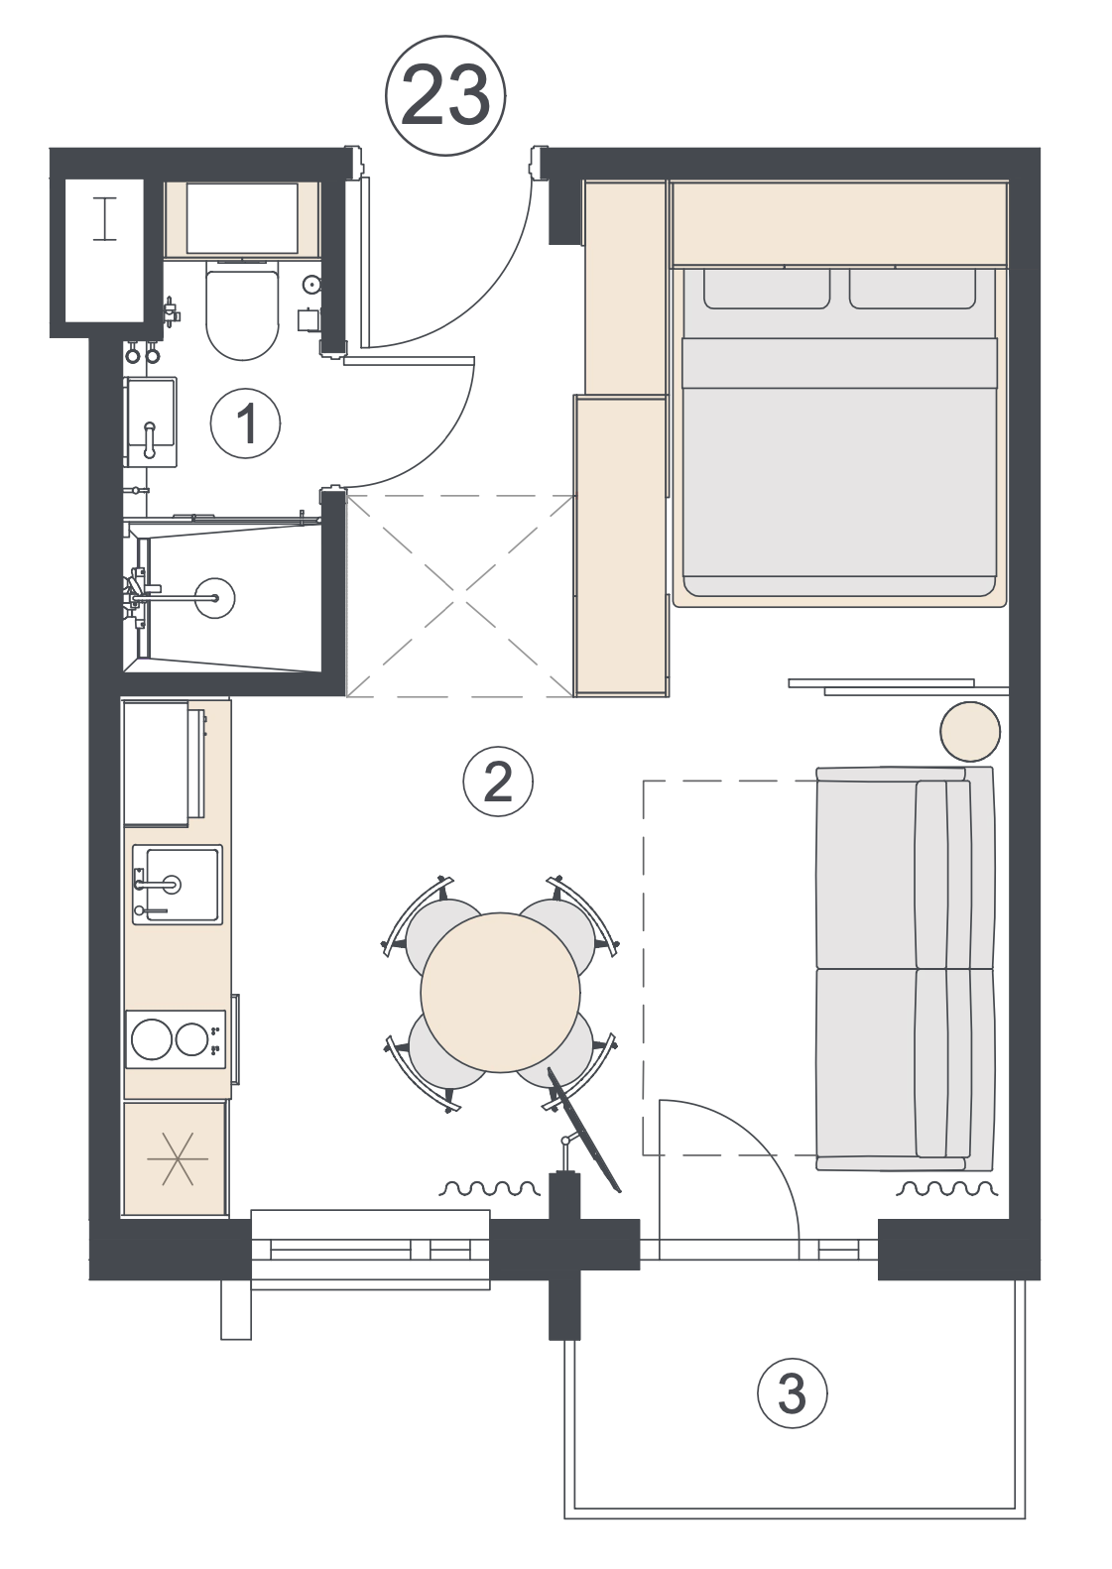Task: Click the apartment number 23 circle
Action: [445, 95]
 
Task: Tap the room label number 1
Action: [246, 423]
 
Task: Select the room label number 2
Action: [498, 782]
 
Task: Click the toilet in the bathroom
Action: [242, 308]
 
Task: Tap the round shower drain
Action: [214, 597]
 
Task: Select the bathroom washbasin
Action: [150, 422]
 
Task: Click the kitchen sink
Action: [178, 885]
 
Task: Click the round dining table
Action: [500, 993]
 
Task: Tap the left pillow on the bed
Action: [767, 289]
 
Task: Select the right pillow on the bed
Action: [913, 289]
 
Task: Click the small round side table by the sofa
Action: [970, 731]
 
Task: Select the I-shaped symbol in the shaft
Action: [105, 219]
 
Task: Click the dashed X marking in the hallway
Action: [460, 596]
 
